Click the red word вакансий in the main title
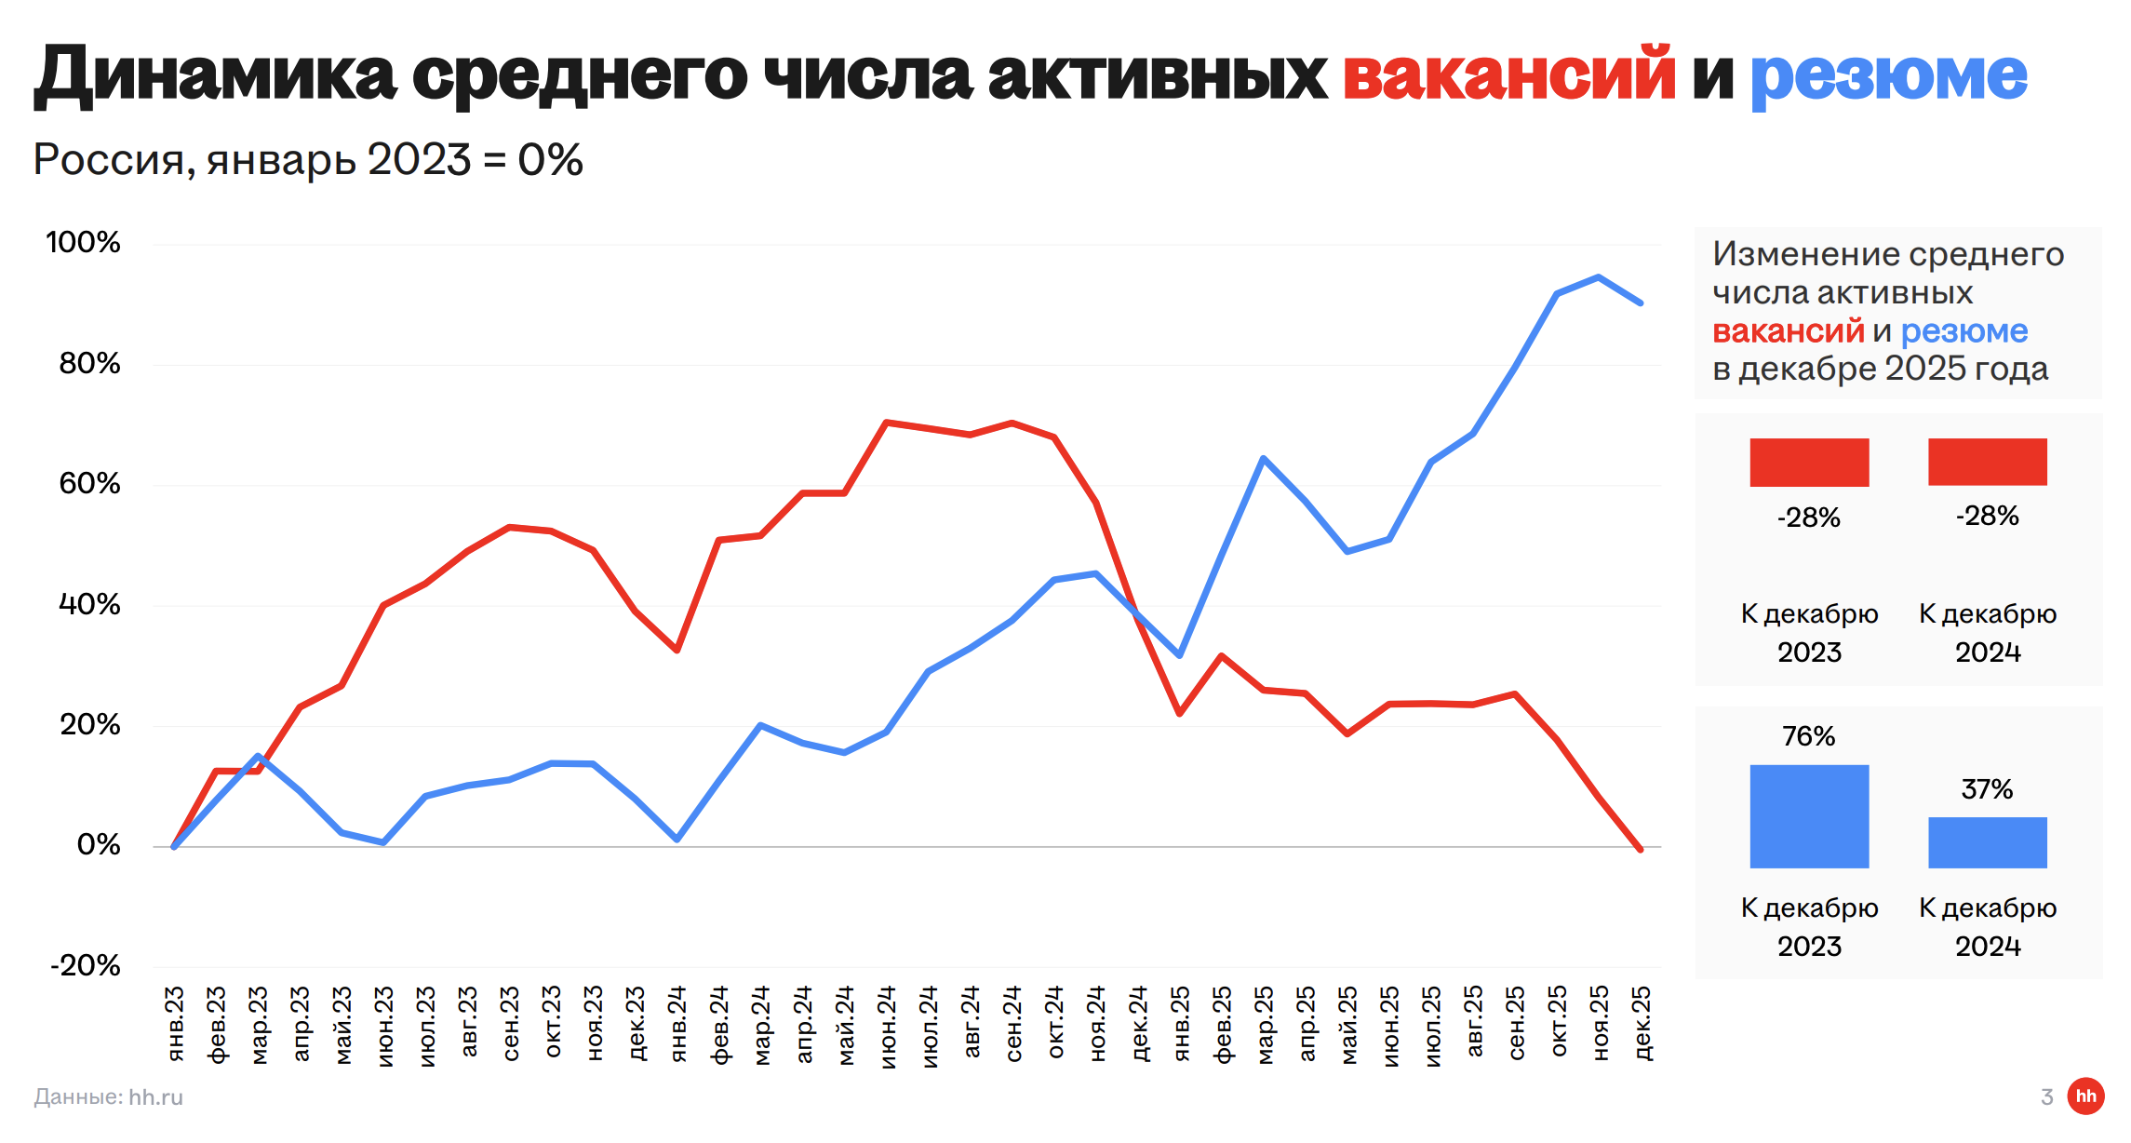[x=1508, y=74]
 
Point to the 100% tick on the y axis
[x=84, y=243]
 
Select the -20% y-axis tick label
[x=86, y=965]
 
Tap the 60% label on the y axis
[x=89, y=484]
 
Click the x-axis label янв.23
[x=175, y=1024]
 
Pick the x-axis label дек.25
[x=1642, y=1024]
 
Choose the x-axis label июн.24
[x=887, y=1027]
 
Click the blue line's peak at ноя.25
[x=1599, y=277]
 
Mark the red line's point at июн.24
[x=887, y=423]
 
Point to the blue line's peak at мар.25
[x=1263, y=458]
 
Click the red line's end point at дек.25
[x=1640, y=849]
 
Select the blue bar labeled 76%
[x=1809, y=816]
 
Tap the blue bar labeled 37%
[x=1987, y=842]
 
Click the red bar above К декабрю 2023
[x=1809, y=463]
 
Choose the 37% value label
[x=1987, y=789]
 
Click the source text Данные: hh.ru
[x=109, y=1097]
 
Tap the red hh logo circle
[x=2085, y=1096]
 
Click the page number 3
[x=2046, y=1097]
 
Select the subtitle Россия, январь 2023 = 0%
[x=308, y=160]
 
